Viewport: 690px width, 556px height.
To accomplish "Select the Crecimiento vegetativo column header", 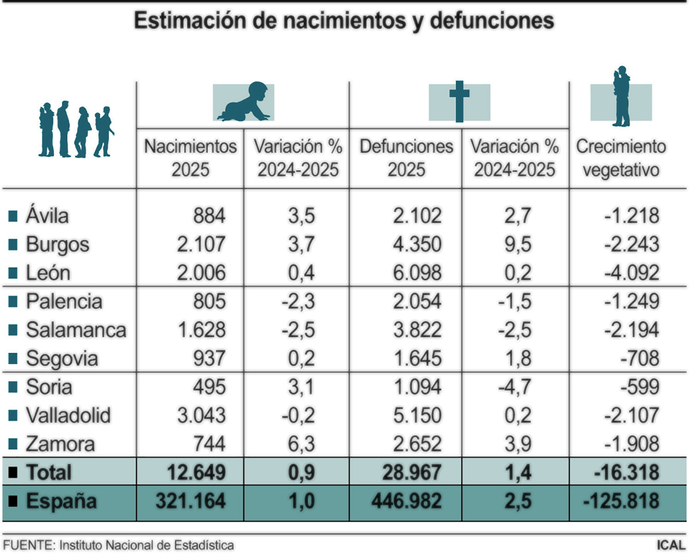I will coord(621,158).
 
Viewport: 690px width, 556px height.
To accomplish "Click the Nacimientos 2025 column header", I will coord(190,158).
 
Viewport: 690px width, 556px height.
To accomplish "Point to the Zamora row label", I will coord(60,444).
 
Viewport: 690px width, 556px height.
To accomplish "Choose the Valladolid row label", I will coord(68,416).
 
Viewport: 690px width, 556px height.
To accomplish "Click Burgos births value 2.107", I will coord(201,245).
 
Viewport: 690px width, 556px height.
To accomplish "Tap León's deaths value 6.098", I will coord(417,273).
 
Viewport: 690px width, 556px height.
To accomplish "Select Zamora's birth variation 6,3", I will coord(301,444).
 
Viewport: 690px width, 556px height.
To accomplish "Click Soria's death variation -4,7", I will coord(515,387).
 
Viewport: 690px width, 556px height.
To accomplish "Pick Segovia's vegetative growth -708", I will coord(639,359).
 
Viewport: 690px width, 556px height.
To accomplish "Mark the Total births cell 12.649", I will coord(196,473).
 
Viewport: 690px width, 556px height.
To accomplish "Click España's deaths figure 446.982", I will coord(406,501).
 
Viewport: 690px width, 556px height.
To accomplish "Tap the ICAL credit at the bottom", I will coord(671,545).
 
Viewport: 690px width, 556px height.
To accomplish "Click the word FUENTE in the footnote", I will coord(29,545).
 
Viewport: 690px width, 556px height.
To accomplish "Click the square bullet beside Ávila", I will coord(13,216).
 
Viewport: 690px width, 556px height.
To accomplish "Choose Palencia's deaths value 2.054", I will coord(417,302).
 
